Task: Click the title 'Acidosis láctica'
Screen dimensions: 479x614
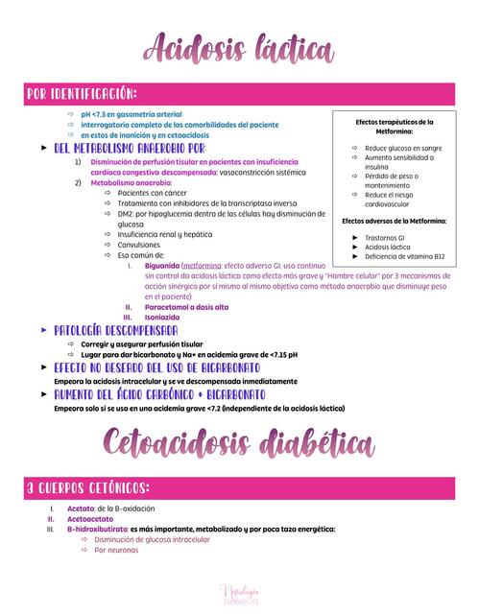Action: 239,48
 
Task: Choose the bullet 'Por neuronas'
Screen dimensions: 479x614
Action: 116,550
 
